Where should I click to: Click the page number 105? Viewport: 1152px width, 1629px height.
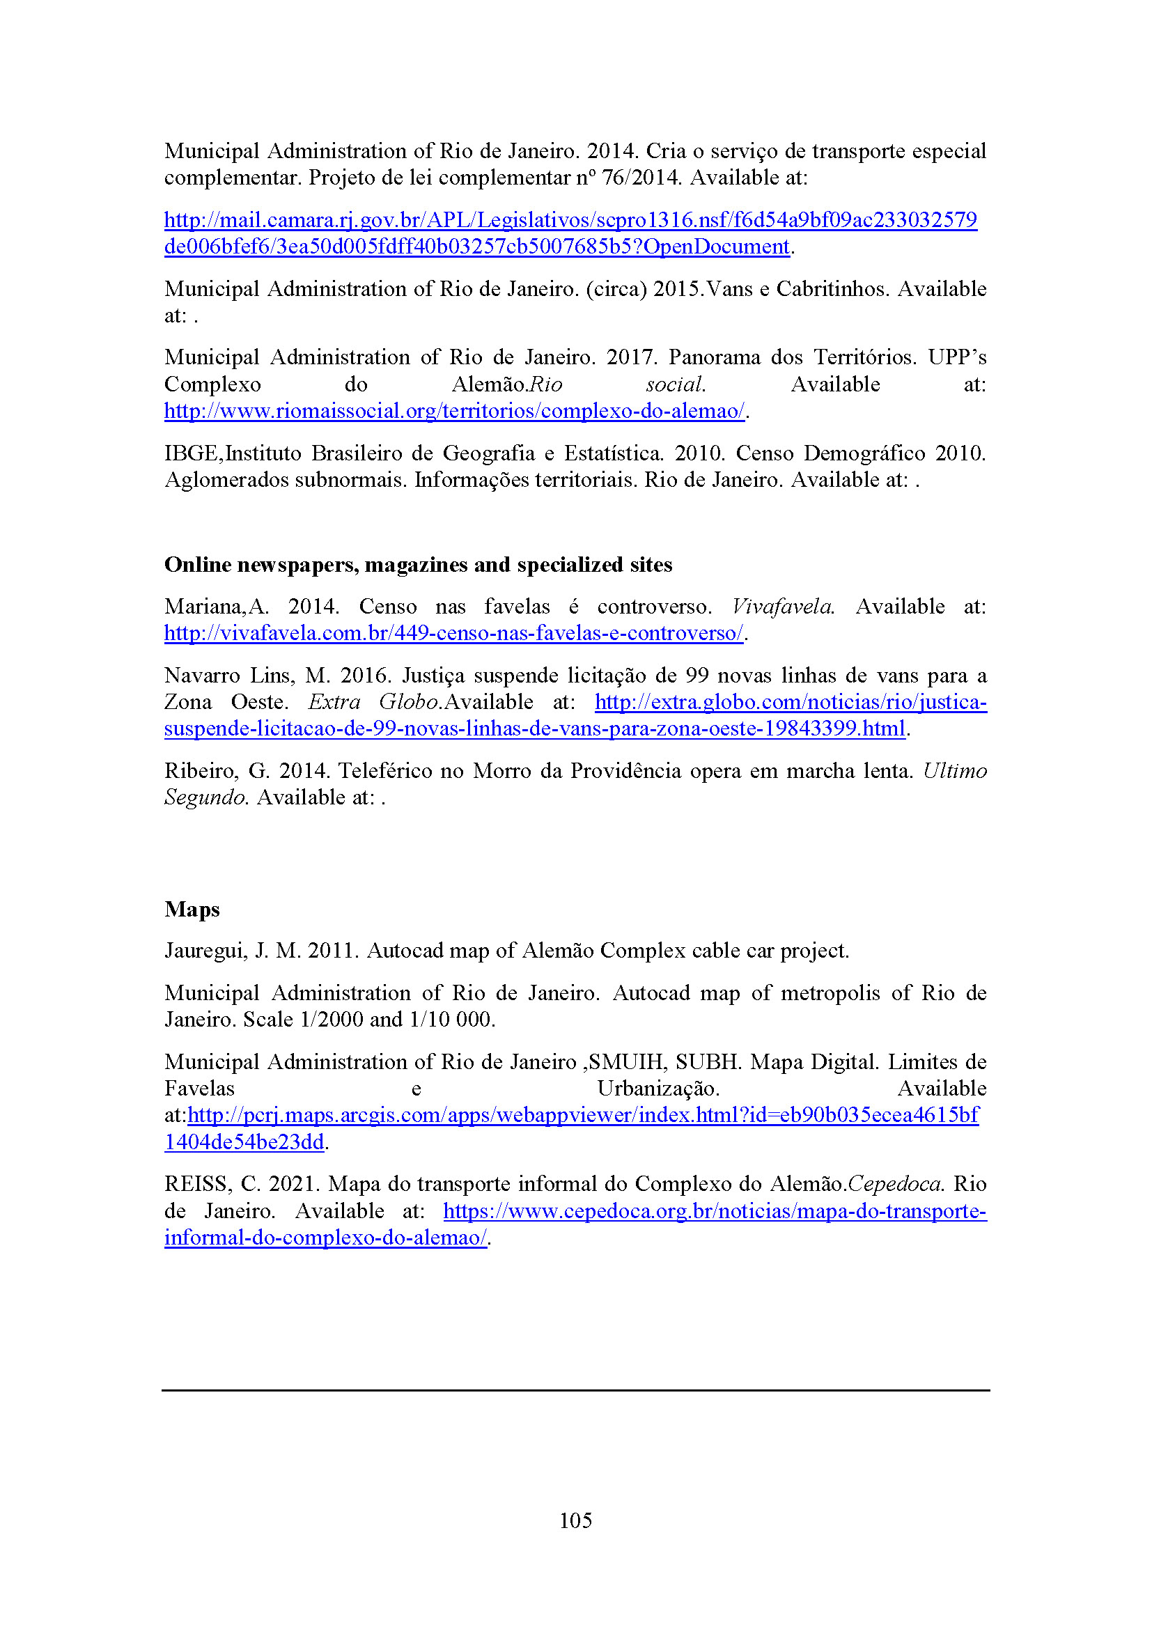click(575, 1520)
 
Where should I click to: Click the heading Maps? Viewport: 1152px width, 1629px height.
click(192, 910)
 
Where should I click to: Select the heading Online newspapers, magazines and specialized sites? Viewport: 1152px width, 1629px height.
click(418, 565)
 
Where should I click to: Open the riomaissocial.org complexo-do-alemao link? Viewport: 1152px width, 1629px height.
click(454, 411)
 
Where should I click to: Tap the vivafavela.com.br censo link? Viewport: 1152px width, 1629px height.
click(453, 633)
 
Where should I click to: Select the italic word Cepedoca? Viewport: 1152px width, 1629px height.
click(894, 1184)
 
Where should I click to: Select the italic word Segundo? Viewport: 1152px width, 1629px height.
click(205, 797)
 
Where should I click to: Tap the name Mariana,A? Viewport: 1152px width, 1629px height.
click(216, 607)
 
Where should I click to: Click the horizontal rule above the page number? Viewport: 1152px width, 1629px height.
click(575, 1391)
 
